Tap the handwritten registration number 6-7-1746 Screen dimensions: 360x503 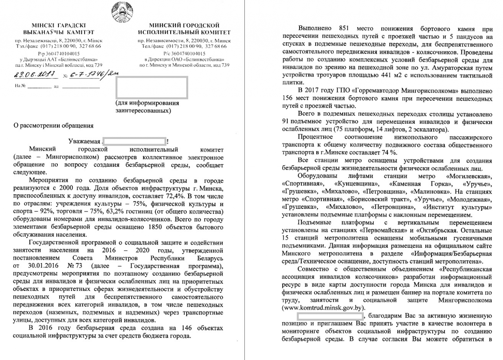coord(86,75)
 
